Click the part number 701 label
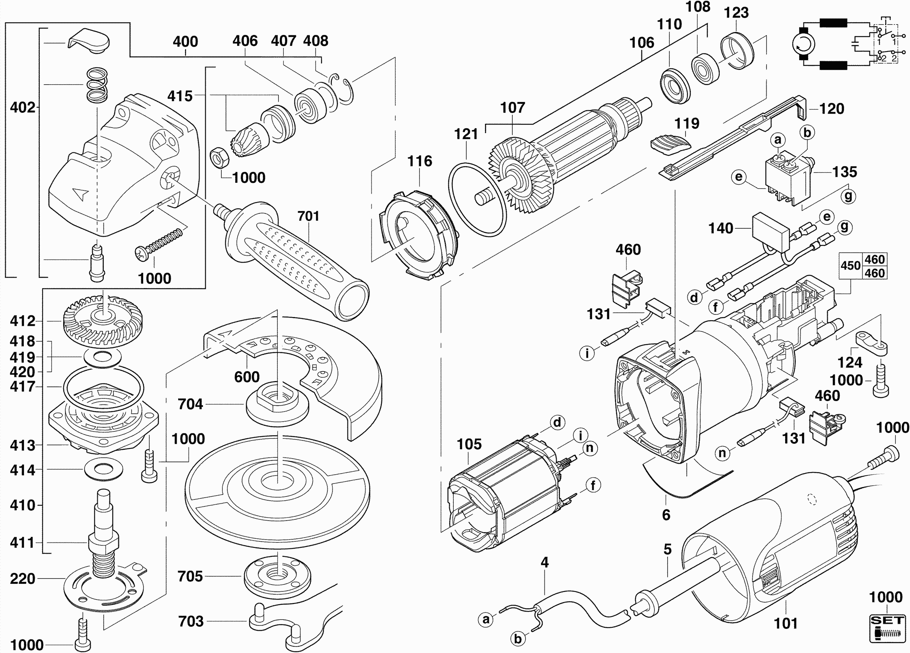pos(308,216)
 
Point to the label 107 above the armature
pos(512,108)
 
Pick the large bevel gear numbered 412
pos(103,321)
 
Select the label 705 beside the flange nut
pos(190,576)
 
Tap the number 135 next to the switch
pos(845,172)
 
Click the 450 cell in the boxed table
pos(850,266)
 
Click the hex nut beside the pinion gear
pos(219,158)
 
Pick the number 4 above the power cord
pos(545,562)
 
